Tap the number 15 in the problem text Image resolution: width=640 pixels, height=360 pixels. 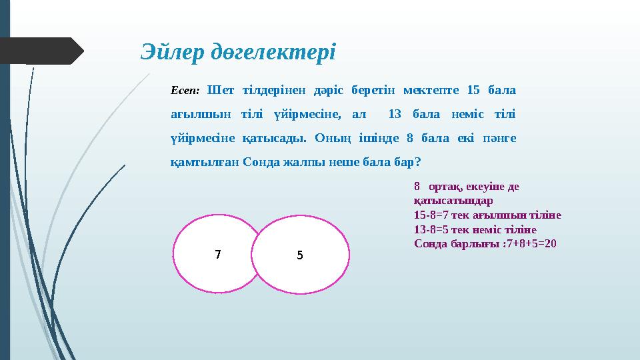(473, 89)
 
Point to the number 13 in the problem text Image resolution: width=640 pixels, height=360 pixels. (394, 114)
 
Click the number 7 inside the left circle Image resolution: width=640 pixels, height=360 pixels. (217, 254)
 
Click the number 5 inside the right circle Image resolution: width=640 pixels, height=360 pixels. (300, 255)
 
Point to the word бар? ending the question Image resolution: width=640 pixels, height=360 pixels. (407, 162)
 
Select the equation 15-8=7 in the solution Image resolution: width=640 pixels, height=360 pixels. (432, 215)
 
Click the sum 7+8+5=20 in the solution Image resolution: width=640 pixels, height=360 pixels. (531, 243)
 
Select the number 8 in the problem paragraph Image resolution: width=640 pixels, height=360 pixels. (410, 138)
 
